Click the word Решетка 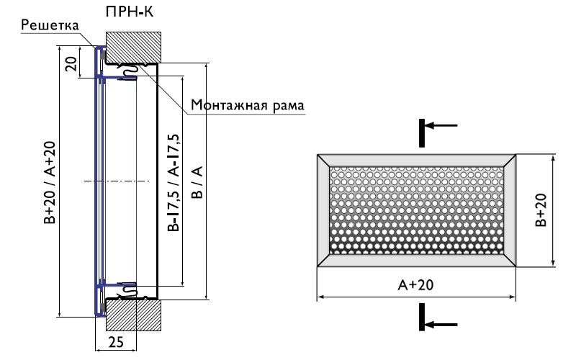[48, 26]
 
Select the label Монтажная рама [248, 106]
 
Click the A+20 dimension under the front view [415, 285]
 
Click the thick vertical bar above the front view [421, 132]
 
